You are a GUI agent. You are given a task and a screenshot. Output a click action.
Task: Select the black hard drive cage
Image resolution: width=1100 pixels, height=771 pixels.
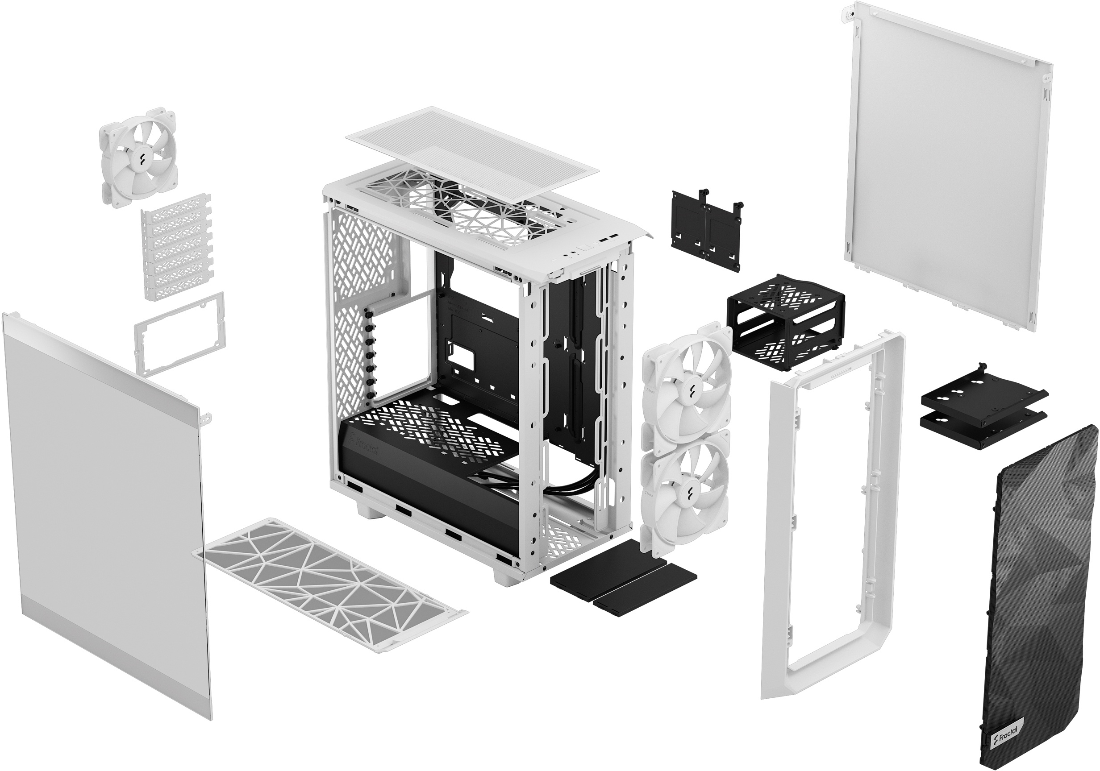pos(786,321)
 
